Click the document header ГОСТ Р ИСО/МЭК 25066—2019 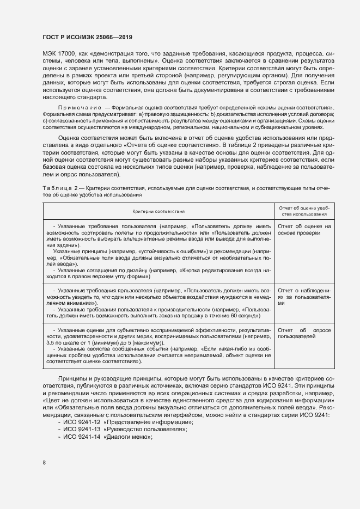[x=87, y=36]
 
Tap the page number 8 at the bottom [x=44, y=463]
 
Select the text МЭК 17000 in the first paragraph [x=58, y=55]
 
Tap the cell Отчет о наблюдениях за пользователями [x=304, y=298]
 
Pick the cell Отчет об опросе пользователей [x=304, y=333]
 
